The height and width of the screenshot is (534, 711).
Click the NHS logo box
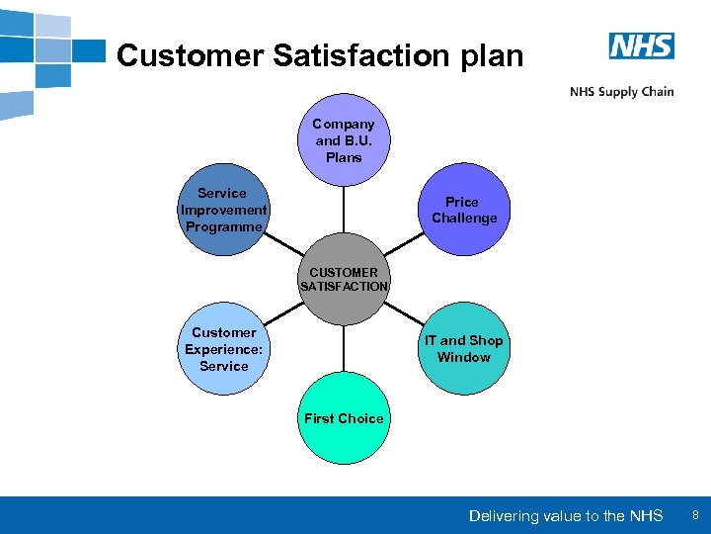(641, 45)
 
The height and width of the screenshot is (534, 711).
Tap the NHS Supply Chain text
(621, 92)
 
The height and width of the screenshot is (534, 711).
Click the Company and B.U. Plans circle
(344, 140)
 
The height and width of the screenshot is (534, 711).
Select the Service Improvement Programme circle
(224, 210)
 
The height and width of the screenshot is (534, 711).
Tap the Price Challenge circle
(463, 210)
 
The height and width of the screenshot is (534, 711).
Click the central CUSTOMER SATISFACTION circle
(344, 279)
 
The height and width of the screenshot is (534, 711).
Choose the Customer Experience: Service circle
(224, 349)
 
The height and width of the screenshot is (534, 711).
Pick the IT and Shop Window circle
(463, 349)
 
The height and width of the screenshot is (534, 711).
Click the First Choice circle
(344, 418)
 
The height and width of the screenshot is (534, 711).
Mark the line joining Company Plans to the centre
(345, 209)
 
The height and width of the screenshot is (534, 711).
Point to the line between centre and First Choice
(345, 349)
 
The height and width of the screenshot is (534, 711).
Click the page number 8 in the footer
(695, 515)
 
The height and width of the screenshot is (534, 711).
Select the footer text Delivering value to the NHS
(566, 516)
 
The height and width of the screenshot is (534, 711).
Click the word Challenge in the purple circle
(464, 218)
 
